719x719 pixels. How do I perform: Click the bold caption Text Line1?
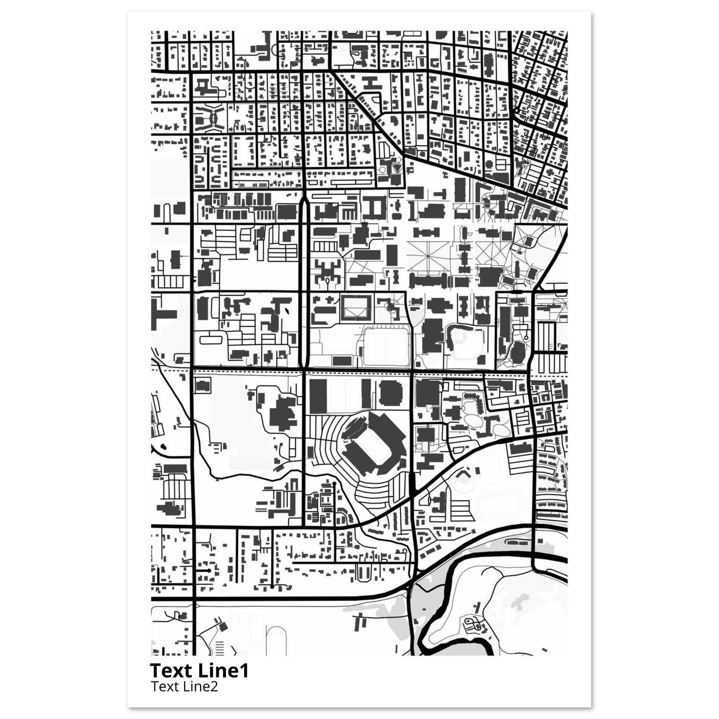coord(199,670)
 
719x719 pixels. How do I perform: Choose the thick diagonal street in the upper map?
coord(372,113)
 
